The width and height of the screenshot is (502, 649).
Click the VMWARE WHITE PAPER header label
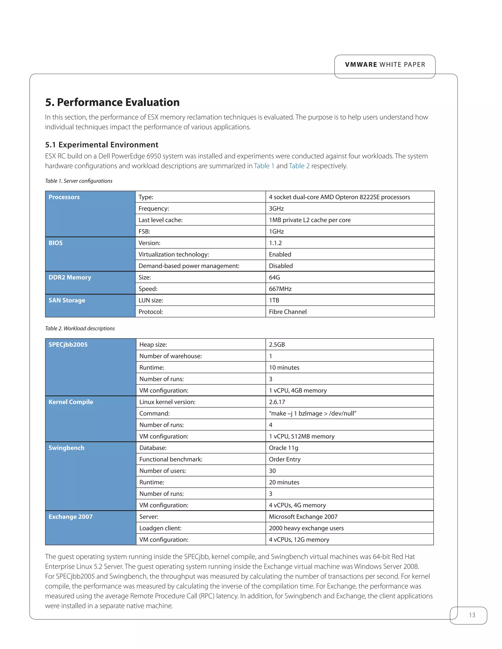click(385, 65)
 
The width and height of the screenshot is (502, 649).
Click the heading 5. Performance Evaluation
click(113, 102)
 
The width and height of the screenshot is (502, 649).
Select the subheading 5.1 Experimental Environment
click(102, 145)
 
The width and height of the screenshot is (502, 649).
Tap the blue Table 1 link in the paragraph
click(264, 166)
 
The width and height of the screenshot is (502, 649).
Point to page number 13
click(472, 615)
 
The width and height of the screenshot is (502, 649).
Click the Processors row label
click(64, 197)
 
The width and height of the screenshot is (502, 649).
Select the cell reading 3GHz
click(276, 209)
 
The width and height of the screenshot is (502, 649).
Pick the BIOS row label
click(56, 243)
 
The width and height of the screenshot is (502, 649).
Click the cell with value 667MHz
click(280, 289)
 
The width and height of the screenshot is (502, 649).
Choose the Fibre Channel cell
click(288, 312)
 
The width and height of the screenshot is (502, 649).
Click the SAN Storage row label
click(67, 300)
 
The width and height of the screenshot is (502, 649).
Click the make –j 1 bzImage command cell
click(312, 413)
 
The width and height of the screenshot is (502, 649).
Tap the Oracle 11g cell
click(283, 448)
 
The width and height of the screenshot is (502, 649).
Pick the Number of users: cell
click(163, 471)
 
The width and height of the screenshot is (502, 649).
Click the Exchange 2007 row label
click(71, 517)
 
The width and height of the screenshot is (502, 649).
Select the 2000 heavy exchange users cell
click(306, 528)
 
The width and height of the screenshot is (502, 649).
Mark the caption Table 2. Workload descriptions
click(80, 328)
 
